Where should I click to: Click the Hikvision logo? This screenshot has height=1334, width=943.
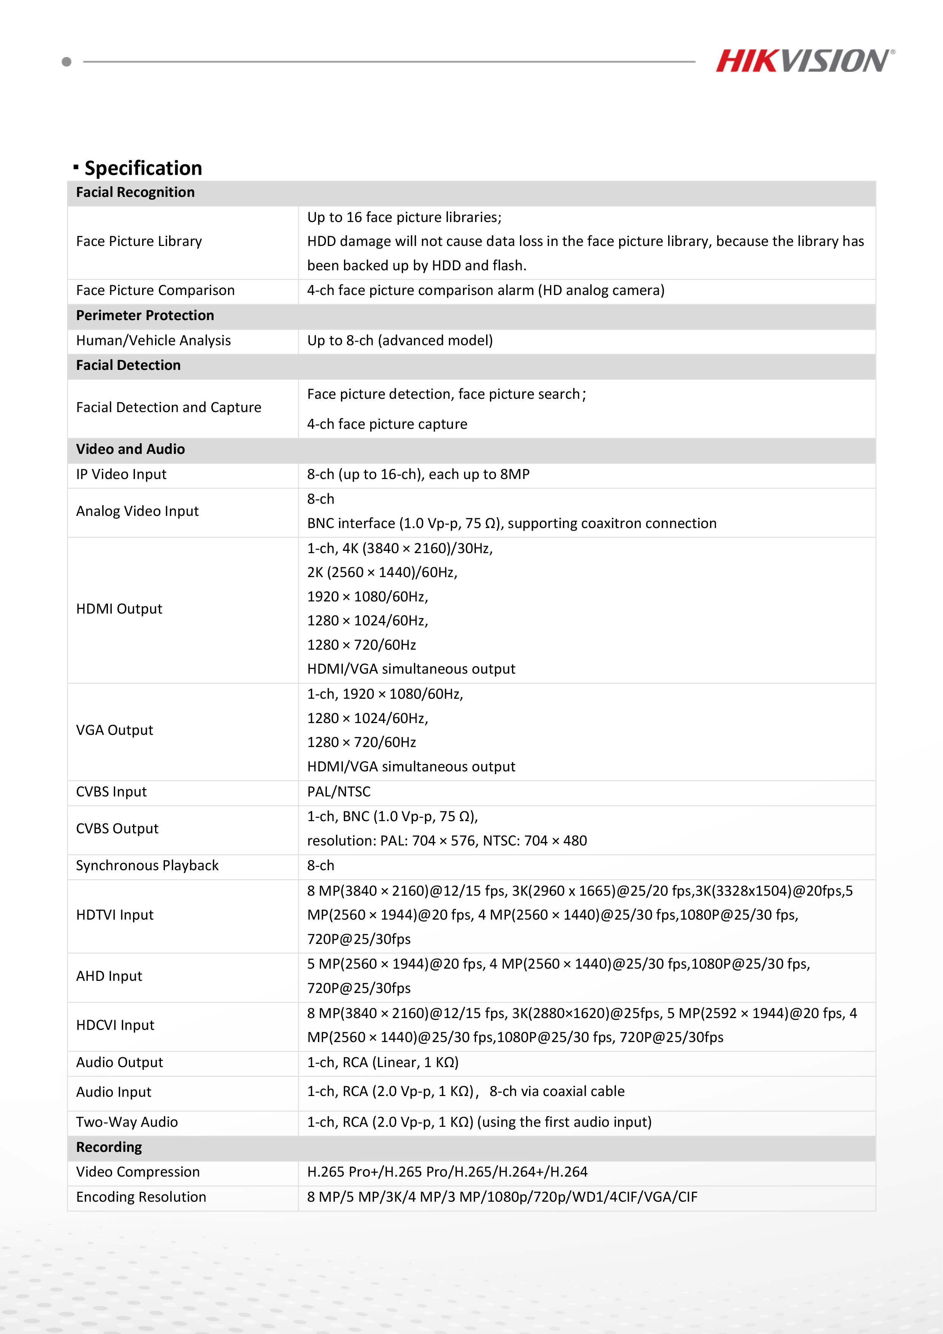[x=805, y=61]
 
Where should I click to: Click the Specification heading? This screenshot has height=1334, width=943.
[x=143, y=168]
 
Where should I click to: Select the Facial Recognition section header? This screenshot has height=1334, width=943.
[x=135, y=192]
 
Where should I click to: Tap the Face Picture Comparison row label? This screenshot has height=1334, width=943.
[x=155, y=290]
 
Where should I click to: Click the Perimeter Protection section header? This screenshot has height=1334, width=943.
[x=145, y=316]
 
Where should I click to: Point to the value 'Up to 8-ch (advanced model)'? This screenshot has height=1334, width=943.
[x=400, y=341]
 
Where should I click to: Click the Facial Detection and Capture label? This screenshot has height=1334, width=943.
[x=168, y=407]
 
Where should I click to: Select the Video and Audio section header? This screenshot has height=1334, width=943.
[x=130, y=449]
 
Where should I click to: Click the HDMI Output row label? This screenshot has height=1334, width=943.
[x=119, y=609]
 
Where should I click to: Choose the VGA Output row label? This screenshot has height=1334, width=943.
[x=114, y=730]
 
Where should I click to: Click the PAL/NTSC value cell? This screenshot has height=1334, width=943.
[x=339, y=792]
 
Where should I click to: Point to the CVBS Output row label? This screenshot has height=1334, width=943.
[x=117, y=828]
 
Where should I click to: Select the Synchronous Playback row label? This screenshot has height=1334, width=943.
[x=147, y=866]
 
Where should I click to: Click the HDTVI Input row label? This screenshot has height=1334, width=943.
[x=114, y=915]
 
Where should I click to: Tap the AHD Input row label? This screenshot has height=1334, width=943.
[x=109, y=976]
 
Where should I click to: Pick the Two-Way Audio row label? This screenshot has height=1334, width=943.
[x=127, y=1122]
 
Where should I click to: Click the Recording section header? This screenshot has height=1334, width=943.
[x=109, y=1147]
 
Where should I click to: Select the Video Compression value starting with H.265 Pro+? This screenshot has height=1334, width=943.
[x=447, y=1172]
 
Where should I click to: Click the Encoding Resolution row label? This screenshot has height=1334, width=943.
[x=141, y=1197]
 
